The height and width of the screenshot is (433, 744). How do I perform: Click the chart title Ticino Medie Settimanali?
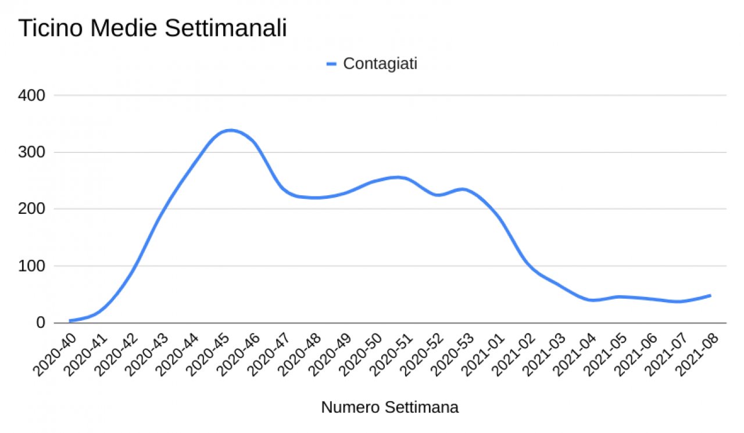coord(153,28)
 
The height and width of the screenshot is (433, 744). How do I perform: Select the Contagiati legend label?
coord(380,64)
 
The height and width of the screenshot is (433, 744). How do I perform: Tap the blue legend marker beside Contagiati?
coord(332,65)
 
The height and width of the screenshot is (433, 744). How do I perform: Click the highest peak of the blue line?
coord(230,130)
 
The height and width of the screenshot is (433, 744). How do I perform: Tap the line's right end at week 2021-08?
coord(710,295)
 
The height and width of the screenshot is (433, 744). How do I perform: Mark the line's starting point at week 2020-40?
coord(70,321)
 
